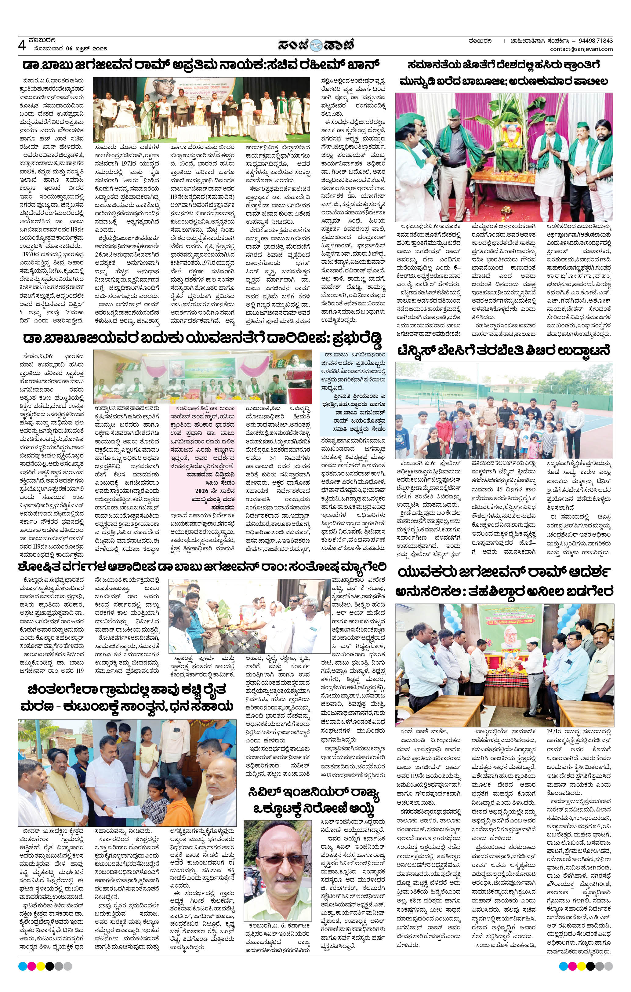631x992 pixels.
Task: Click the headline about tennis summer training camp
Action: [x=503, y=351]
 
